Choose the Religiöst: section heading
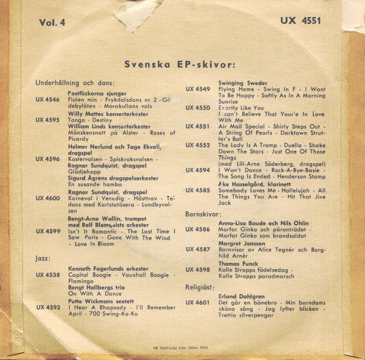(x=202, y=286)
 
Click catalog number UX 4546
(x=47, y=99)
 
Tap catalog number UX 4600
(x=47, y=198)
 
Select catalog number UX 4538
(x=47, y=275)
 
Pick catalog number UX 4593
(x=47, y=307)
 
